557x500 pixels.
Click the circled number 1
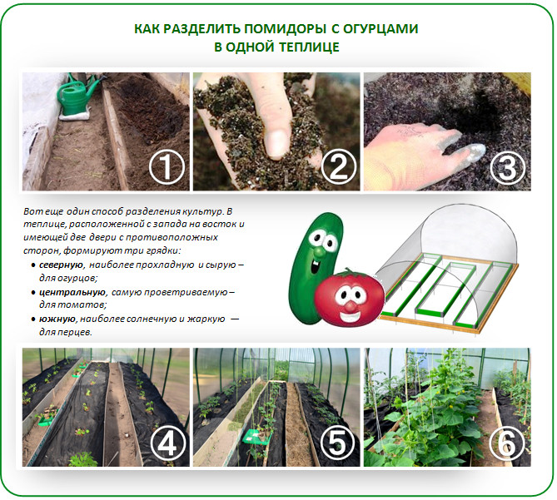coord(167,167)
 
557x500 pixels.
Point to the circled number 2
coord(338,166)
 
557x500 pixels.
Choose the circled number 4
coord(167,443)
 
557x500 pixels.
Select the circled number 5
coord(337,443)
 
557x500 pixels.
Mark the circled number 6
coord(507,443)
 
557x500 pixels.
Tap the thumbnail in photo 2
coord(276,144)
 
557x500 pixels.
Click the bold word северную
coord(61,265)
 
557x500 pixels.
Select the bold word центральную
coord(72,292)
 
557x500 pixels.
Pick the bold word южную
coord(57,319)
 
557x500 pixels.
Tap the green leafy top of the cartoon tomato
coord(350,274)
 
